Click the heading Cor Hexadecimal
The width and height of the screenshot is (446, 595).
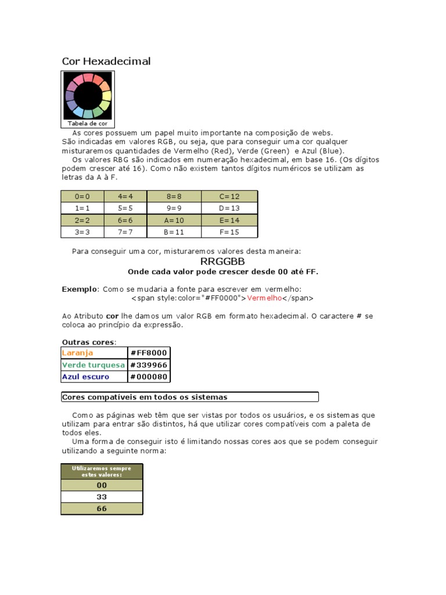tap(106, 61)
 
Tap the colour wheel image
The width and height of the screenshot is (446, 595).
tap(88, 95)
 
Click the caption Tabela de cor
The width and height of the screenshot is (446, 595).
tap(88, 123)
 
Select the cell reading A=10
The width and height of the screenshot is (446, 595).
tap(174, 220)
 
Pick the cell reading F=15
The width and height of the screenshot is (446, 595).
tap(229, 232)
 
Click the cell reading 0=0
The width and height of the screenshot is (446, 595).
tap(82, 196)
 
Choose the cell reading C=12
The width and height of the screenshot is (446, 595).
tap(229, 196)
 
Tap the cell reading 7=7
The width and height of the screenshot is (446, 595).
tap(125, 232)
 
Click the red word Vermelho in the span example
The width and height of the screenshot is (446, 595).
tap(264, 298)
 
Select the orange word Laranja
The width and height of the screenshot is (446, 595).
tap(78, 353)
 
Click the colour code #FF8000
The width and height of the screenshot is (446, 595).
tap(148, 353)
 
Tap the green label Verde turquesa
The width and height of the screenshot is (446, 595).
tap(93, 365)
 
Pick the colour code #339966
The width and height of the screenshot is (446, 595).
tap(148, 365)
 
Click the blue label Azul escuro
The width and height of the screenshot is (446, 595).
tap(85, 377)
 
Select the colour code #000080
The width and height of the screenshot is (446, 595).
tap(148, 377)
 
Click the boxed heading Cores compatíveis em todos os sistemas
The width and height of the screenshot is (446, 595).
tap(145, 397)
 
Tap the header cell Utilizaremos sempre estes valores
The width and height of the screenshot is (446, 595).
tap(102, 471)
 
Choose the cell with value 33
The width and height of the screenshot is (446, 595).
tap(102, 497)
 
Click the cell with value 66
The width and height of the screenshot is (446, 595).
tap(102, 508)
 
